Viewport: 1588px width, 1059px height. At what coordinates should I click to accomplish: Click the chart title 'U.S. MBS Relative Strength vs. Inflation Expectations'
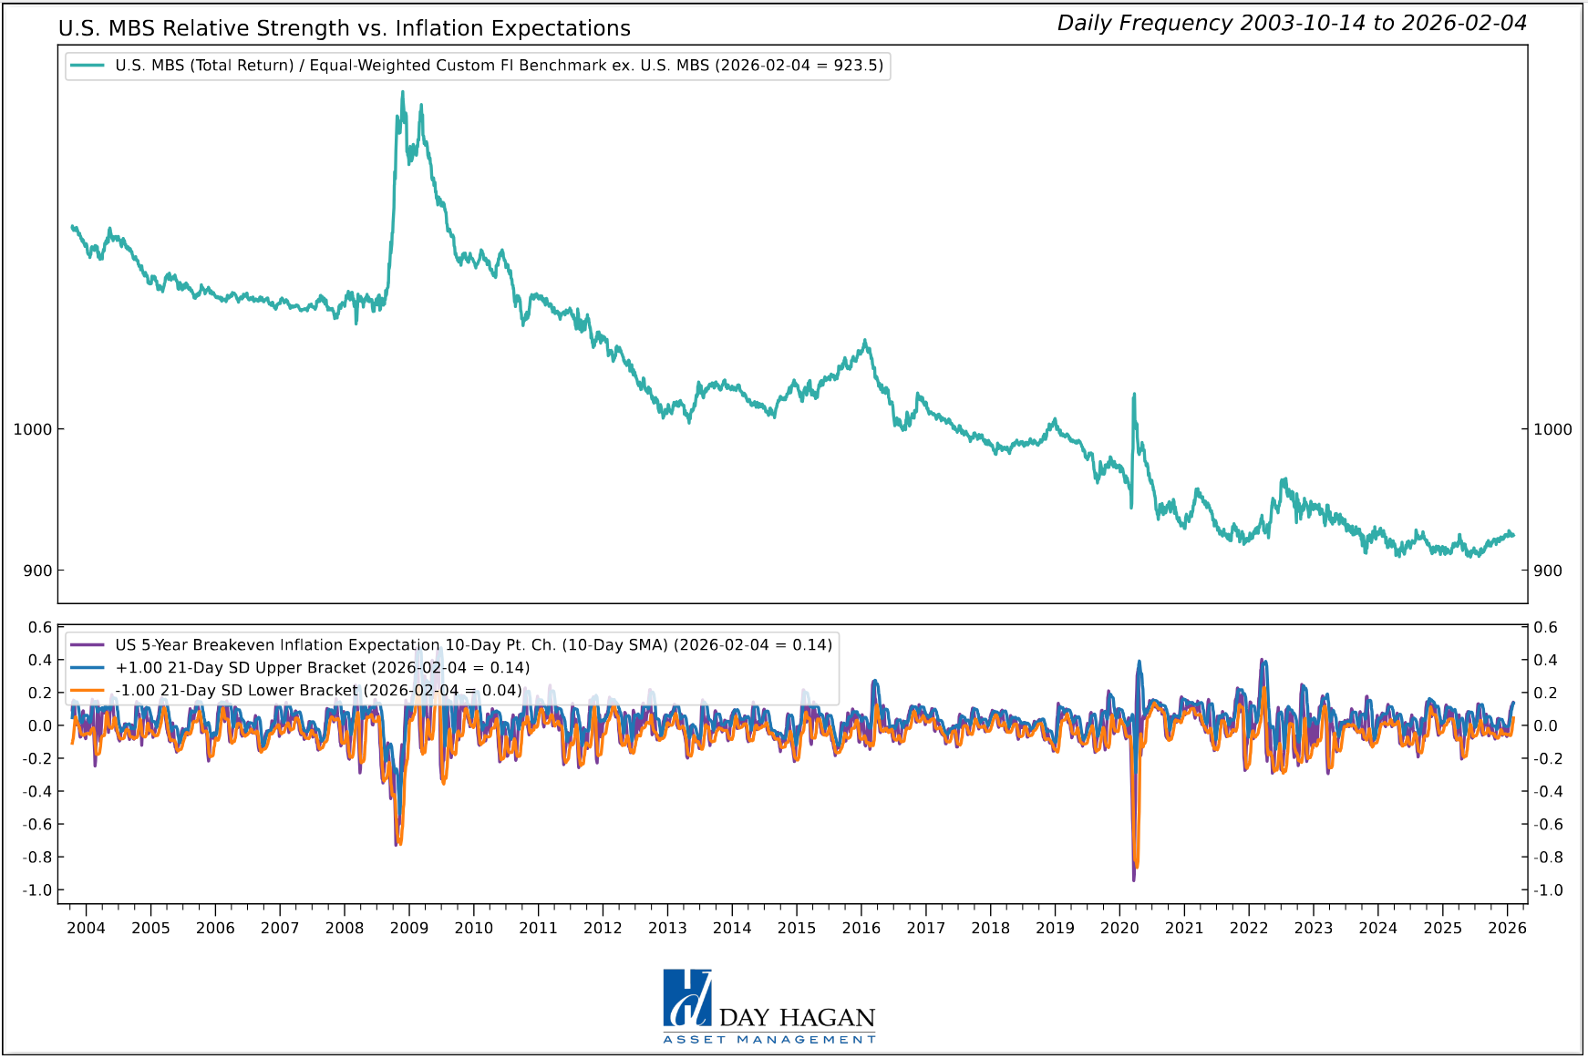[x=344, y=28]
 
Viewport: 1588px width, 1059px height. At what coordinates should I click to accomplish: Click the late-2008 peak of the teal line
[x=402, y=93]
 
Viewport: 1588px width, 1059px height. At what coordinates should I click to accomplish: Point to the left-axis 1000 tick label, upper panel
[x=32, y=429]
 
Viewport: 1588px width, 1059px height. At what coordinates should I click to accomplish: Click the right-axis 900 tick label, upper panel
[x=1547, y=571]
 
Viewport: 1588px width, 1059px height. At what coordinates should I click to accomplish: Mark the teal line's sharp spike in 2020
[x=1134, y=396]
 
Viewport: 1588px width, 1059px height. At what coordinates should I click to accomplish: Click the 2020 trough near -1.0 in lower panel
[x=1134, y=879]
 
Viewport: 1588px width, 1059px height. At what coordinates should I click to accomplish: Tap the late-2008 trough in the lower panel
[x=397, y=843]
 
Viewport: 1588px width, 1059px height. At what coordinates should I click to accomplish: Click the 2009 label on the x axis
[x=408, y=928]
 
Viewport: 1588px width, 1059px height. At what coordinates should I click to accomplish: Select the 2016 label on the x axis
[x=861, y=928]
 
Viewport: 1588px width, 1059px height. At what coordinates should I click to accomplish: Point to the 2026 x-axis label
[x=1507, y=928]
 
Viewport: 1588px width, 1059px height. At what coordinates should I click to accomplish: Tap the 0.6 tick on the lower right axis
[x=1545, y=627]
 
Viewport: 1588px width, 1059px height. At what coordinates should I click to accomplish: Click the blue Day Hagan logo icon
[x=686, y=998]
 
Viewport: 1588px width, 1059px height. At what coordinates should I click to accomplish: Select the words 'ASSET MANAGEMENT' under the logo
[x=768, y=1040]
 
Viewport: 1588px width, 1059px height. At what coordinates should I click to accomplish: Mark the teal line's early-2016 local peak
[x=865, y=342]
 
